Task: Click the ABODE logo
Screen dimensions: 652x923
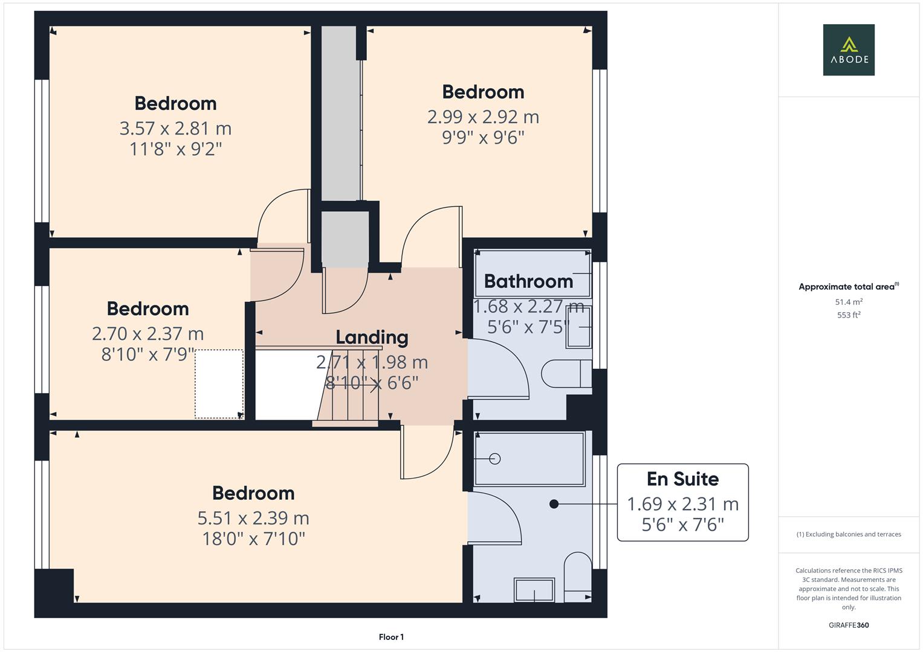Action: pos(849,50)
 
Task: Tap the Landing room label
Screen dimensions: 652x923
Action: pos(372,337)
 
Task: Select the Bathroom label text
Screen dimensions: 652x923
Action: pos(528,281)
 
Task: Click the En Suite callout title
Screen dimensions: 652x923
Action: pos(682,479)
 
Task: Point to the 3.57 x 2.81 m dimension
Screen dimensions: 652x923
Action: pos(175,129)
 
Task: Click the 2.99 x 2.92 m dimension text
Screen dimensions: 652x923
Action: pos(483,117)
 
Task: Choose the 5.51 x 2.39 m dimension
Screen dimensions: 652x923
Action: pos(253,518)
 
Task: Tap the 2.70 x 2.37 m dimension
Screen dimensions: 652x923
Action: pos(147,333)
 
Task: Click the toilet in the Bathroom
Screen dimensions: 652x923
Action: pos(566,374)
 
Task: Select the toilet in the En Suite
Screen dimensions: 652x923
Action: pos(577,577)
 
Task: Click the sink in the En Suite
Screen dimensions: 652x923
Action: pos(534,590)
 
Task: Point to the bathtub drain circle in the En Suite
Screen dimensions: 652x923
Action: pos(495,459)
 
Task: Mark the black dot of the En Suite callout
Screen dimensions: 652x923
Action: pos(554,503)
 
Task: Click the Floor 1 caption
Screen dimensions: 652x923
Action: pos(391,637)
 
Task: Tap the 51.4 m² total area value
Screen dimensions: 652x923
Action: pos(849,302)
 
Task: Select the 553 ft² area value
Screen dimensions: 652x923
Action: pos(849,315)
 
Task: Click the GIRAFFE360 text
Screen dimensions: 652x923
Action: pos(849,625)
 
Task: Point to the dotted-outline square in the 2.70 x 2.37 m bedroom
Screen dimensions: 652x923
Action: pos(219,383)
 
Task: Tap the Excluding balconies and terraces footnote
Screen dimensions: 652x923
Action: pos(849,534)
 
